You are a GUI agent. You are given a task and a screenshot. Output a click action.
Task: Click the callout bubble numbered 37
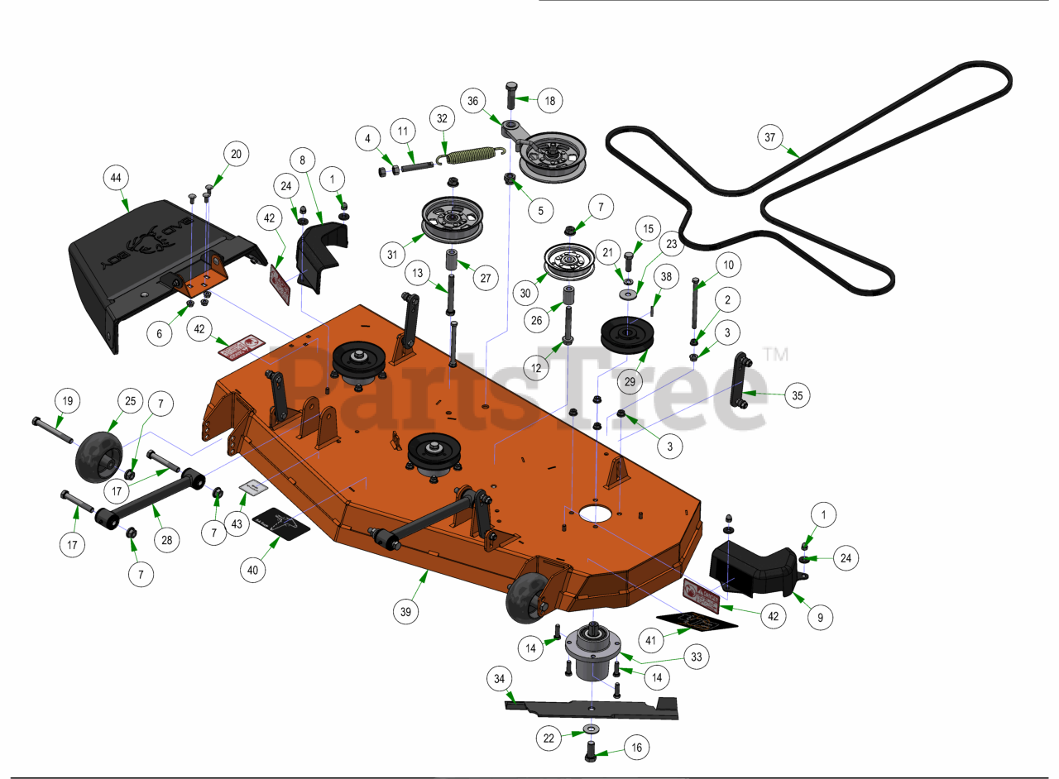[769, 138]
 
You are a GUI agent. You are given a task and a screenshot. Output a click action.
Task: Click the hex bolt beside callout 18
[510, 93]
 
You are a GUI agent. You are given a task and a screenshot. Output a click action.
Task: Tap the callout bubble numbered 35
[797, 396]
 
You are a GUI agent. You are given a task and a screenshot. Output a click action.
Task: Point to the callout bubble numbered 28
[167, 540]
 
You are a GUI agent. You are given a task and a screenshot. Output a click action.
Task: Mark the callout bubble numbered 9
[821, 616]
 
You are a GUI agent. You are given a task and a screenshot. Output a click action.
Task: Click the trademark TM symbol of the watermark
[774, 354]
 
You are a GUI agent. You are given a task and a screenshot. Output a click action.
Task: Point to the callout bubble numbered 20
[236, 154]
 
